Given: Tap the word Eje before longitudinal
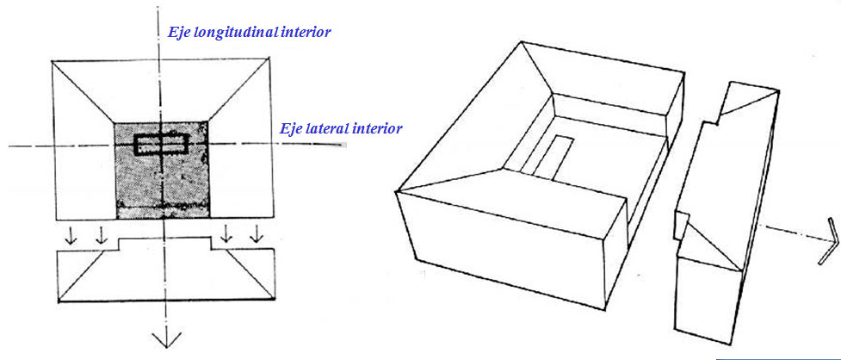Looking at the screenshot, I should tap(179, 32).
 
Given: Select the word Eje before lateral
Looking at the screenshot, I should tap(293, 129).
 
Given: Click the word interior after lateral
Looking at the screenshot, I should tap(377, 129).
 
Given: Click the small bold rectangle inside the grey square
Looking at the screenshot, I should tap(161, 144).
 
